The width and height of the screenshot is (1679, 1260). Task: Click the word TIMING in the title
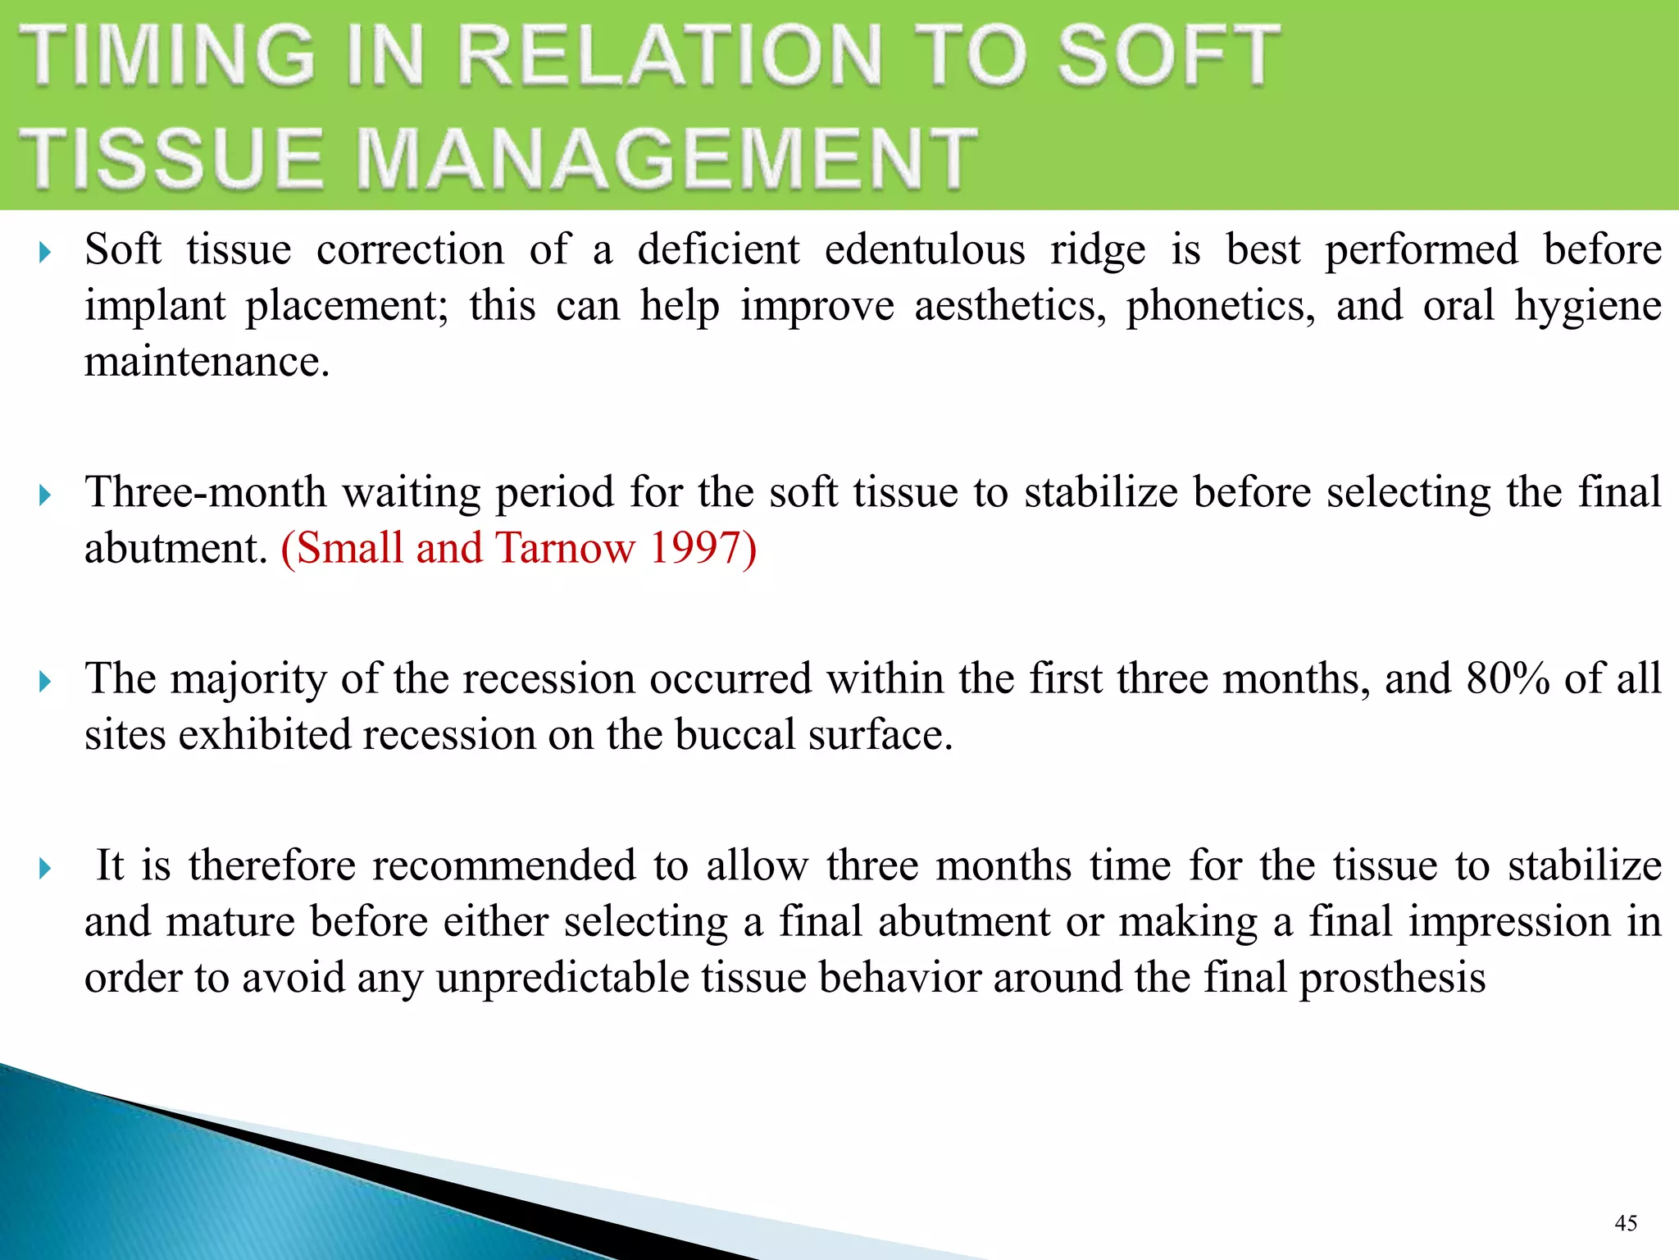(x=168, y=55)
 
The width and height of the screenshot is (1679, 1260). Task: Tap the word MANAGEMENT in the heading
(x=667, y=158)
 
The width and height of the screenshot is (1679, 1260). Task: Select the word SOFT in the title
(x=1168, y=55)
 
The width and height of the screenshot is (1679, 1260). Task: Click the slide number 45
(x=1626, y=1223)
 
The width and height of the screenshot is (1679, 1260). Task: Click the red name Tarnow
(x=566, y=547)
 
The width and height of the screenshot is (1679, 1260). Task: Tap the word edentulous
(x=925, y=249)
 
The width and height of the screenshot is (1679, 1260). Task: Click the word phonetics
(x=1220, y=306)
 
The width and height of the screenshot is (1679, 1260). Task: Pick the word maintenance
(x=207, y=361)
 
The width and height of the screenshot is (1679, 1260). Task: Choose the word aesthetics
(x=1009, y=306)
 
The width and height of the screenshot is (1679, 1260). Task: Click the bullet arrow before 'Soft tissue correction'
(x=45, y=252)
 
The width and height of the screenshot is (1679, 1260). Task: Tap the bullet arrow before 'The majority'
(x=45, y=681)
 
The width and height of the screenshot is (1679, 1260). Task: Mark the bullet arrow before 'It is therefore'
(x=45, y=868)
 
